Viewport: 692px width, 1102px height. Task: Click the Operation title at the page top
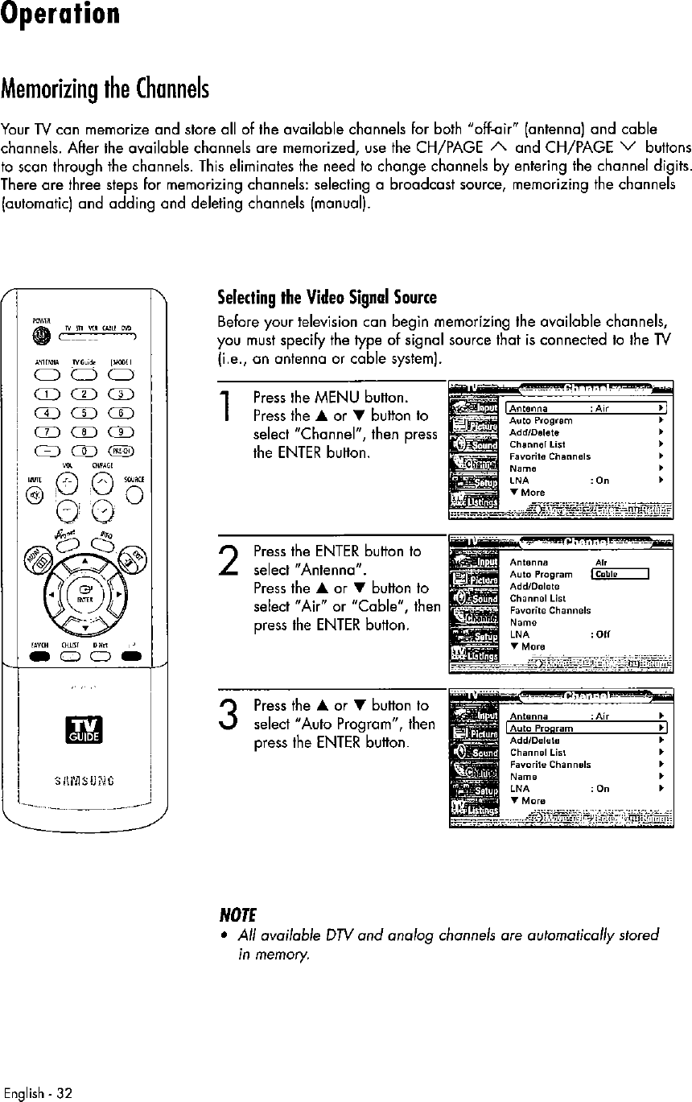point(61,16)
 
